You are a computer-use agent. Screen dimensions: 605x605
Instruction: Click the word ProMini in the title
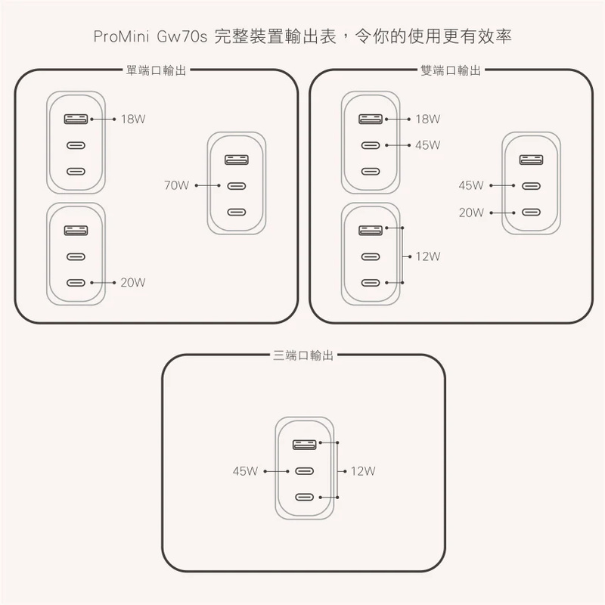pos(121,36)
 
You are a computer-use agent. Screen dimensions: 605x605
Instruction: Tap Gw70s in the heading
pos(182,36)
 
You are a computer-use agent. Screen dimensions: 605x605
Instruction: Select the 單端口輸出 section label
pos(157,70)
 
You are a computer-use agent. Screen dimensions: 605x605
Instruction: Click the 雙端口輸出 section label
pos(451,70)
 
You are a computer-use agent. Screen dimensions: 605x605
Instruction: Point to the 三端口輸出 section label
pos(303,355)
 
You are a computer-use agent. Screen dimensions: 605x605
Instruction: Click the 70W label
pos(176,185)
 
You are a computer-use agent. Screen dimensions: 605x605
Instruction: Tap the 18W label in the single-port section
pos(133,119)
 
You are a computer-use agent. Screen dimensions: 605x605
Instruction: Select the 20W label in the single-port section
pos(133,282)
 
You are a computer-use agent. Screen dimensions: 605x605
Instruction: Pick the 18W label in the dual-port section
pos(427,119)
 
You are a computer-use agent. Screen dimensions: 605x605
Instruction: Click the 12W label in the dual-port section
pos(427,256)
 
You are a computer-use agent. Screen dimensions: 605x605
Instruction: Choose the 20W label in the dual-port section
pos(471,213)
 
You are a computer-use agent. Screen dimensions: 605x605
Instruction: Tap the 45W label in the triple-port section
pos(245,470)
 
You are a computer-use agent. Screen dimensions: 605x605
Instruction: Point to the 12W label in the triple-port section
pos(363,470)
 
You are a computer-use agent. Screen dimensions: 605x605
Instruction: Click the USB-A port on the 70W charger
pos(237,160)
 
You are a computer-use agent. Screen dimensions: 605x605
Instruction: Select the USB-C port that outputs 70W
pos(237,186)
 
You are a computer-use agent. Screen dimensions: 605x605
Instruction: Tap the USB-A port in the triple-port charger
pos(305,445)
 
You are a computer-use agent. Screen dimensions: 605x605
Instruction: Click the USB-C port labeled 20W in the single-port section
pos(76,283)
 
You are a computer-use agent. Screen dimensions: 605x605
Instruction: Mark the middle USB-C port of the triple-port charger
pos(305,470)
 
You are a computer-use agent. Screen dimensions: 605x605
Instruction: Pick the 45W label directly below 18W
pos(427,145)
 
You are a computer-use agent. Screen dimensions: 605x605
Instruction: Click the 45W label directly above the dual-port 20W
pos(471,185)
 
